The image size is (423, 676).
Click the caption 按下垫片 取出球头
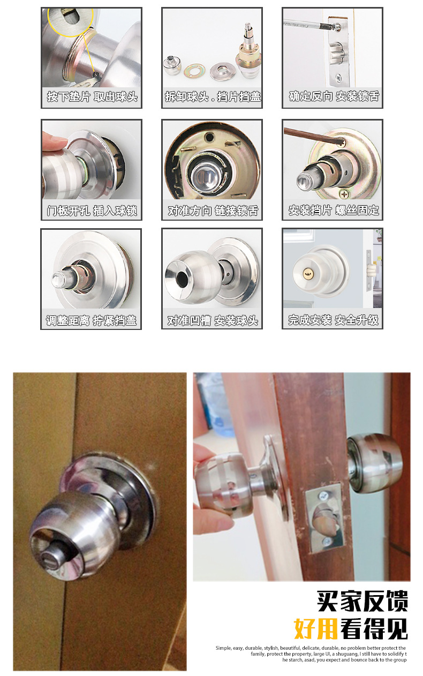click(x=92, y=97)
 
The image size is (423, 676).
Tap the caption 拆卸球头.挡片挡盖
click(x=212, y=97)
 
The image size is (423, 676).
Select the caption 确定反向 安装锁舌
click(x=333, y=97)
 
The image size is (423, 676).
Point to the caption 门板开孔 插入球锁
click(x=92, y=211)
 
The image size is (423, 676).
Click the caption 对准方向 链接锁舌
click(x=212, y=211)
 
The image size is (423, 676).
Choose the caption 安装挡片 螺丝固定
click(x=333, y=211)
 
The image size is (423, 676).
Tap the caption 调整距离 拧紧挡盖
click(x=92, y=320)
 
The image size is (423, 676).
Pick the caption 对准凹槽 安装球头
click(x=212, y=320)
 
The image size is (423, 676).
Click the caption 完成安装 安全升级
click(x=333, y=320)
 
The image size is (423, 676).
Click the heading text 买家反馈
click(x=362, y=602)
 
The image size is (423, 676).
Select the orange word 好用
click(x=316, y=629)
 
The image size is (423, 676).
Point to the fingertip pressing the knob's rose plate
click(x=54, y=143)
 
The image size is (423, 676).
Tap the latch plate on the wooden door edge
click(x=323, y=517)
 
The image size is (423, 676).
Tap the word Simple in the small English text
click(x=223, y=648)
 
